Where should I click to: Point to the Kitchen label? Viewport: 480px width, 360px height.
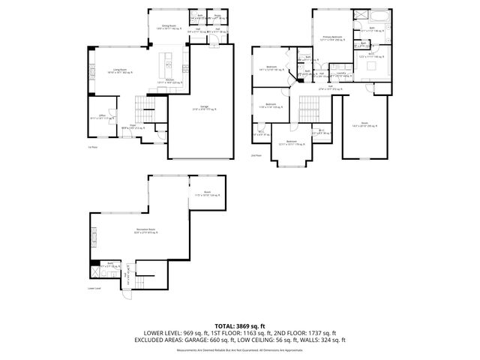[x=169, y=82]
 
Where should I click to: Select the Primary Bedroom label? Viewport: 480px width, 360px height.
[x=332, y=37]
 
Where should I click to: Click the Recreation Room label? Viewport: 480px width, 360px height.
[x=146, y=231]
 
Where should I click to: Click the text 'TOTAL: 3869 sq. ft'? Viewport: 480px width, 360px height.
[x=240, y=325]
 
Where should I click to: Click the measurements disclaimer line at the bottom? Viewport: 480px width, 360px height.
[x=240, y=349]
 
